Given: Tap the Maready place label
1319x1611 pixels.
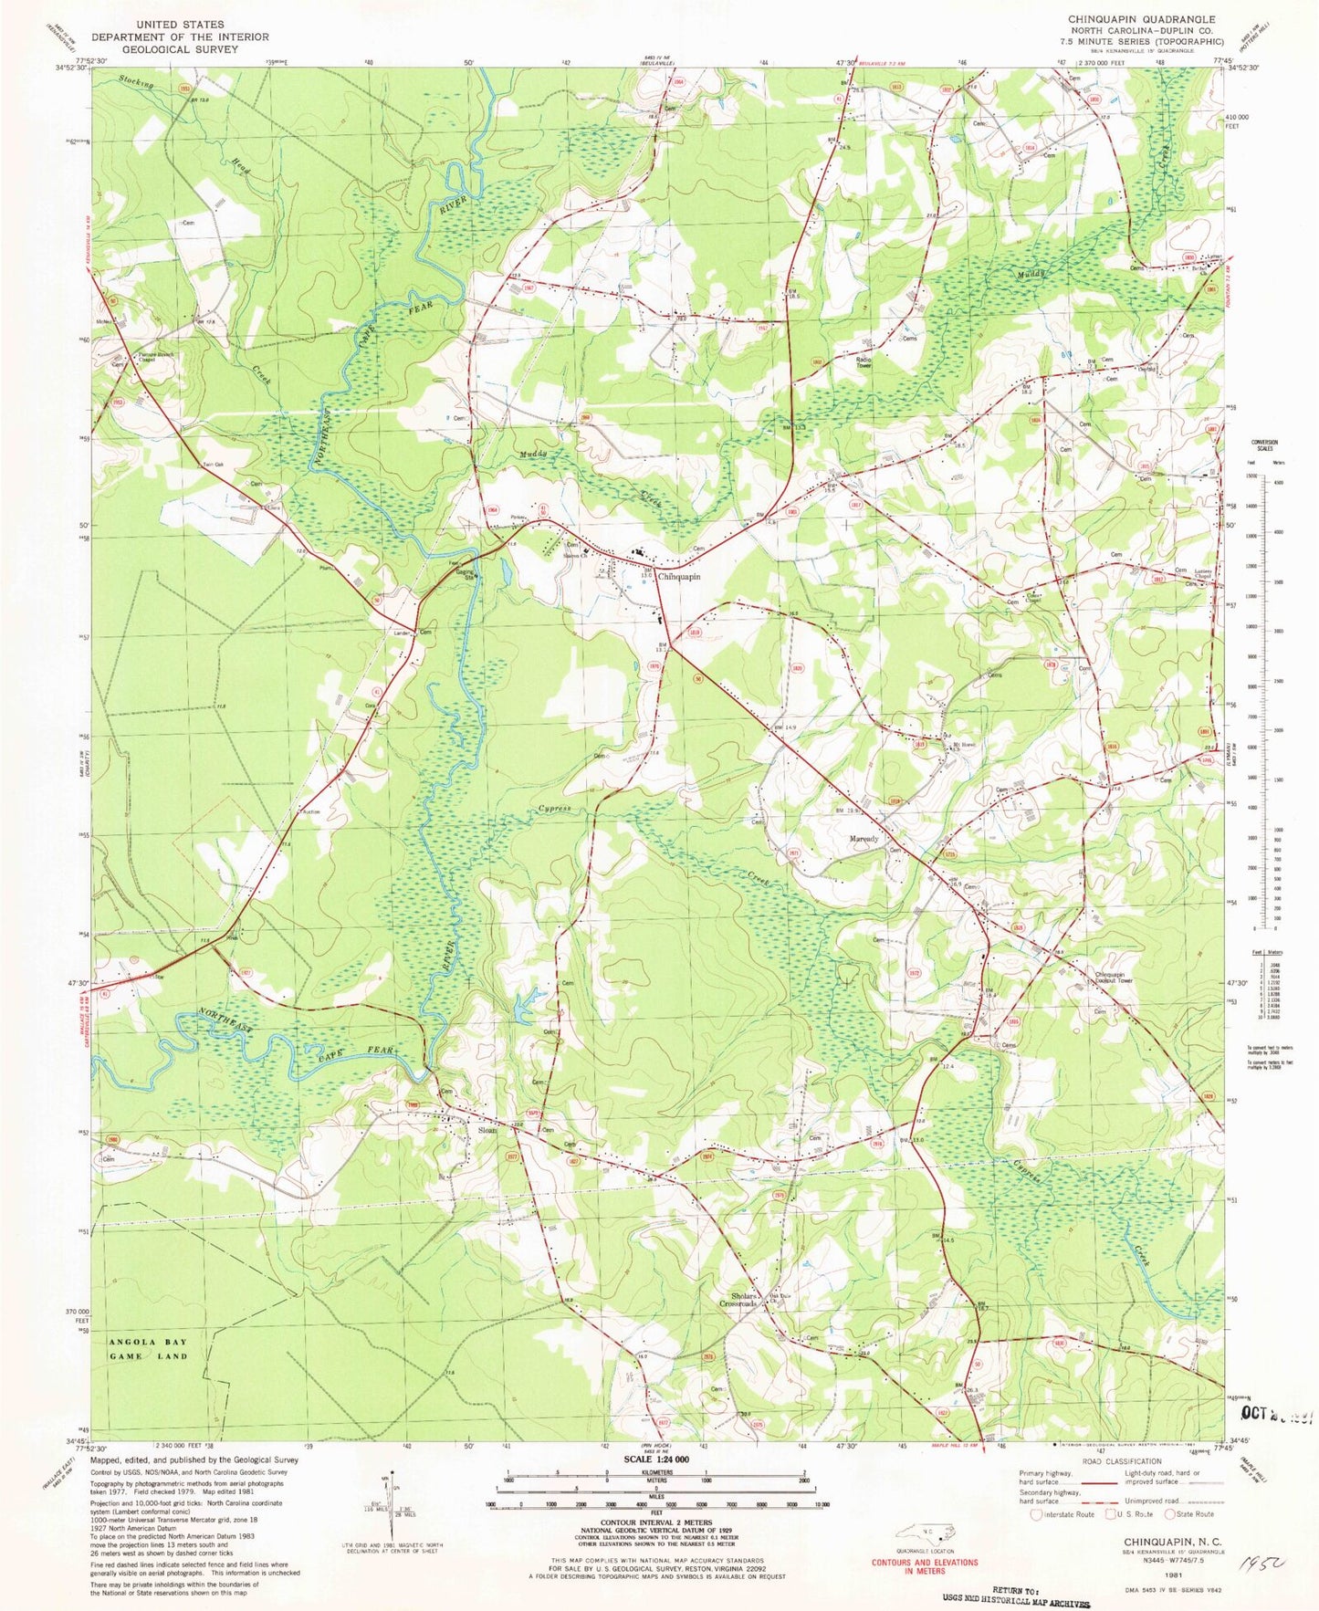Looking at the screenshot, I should click(864, 839).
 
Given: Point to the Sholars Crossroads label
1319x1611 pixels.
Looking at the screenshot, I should click(738, 1300).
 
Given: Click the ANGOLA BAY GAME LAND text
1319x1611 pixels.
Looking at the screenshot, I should click(148, 1348).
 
